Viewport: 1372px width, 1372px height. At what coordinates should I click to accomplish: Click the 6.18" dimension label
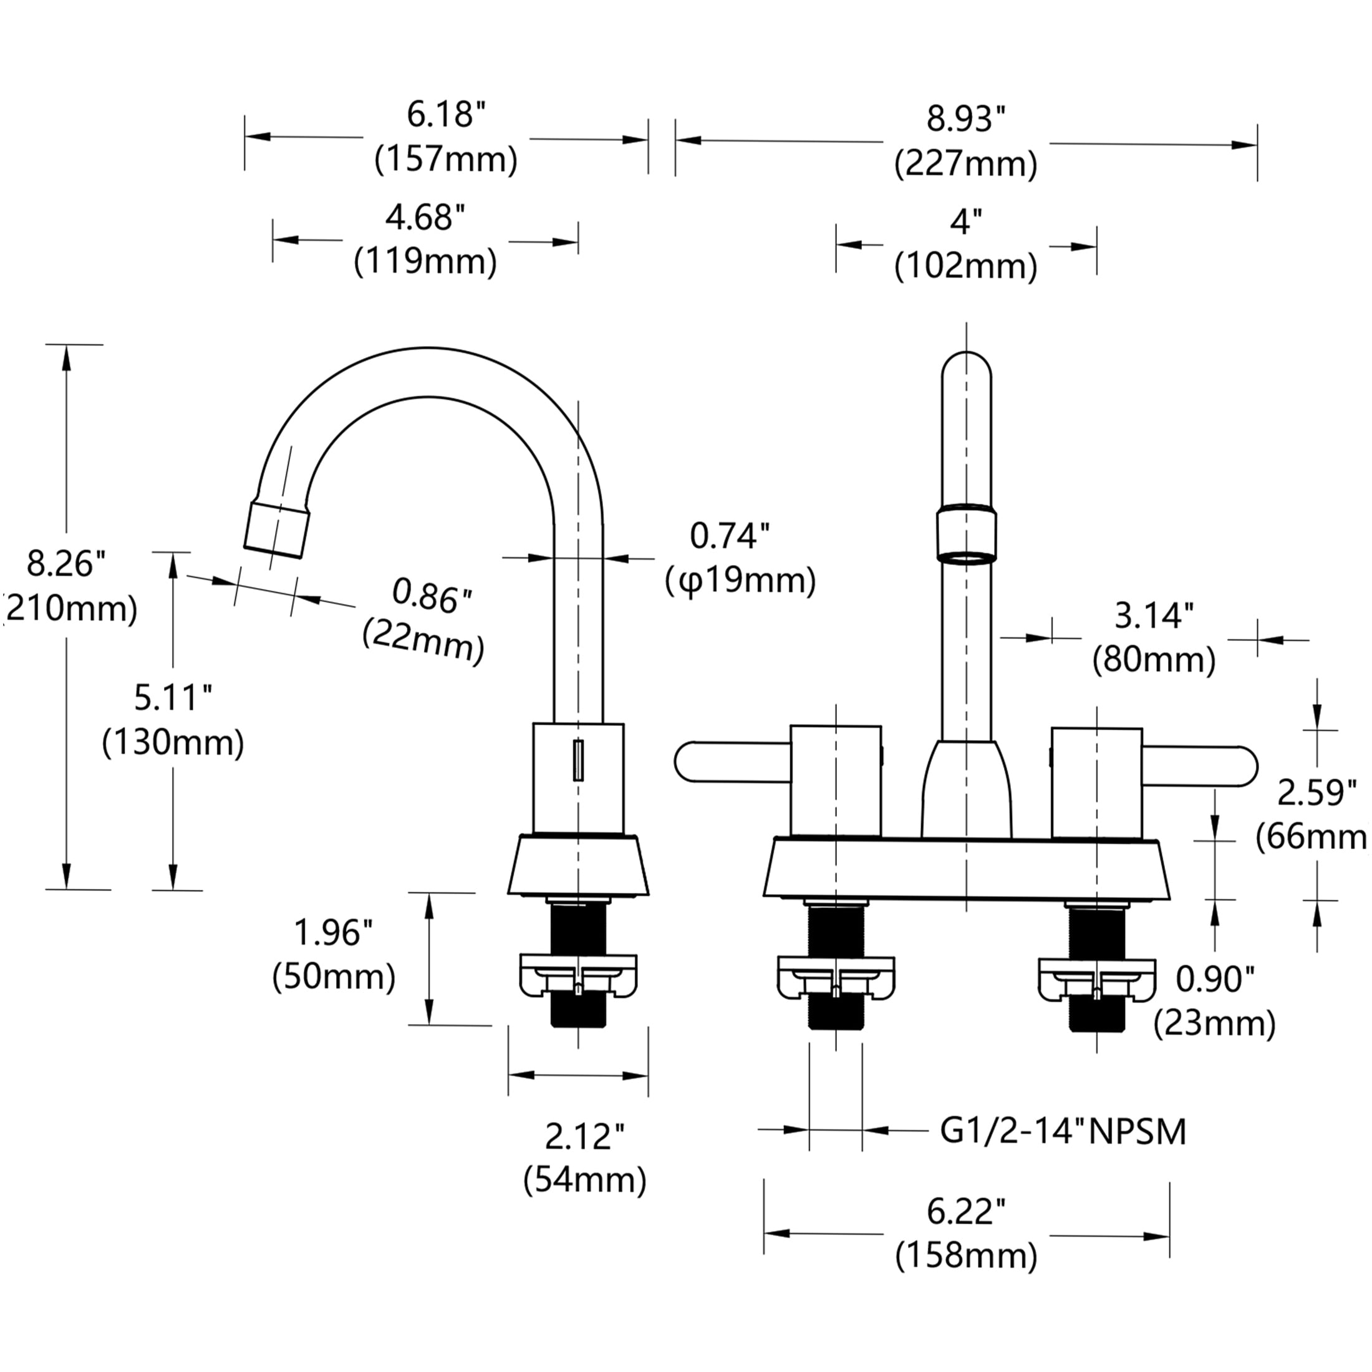pyautogui.click(x=446, y=115)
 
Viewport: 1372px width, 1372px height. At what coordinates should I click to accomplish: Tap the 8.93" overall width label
pyautogui.click(x=966, y=120)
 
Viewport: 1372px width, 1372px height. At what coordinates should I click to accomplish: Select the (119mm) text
pyautogui.click(x=425, y=261)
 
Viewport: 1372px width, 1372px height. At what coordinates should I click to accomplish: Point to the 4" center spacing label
pyautogui.click(x=966, y=222)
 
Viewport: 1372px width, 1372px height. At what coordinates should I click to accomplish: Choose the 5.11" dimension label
pyautogui.click(x=173, y=698)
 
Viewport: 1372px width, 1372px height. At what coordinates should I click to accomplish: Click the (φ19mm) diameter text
pyautogui.click(x=741, y=580)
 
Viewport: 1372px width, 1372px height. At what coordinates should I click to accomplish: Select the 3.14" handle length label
pyautogui.click(x=1154, y=616)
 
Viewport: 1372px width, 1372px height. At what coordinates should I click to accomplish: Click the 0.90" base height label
pyautogui.click(x=1215, y=979)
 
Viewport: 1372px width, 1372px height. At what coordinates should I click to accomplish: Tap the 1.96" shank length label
pyautogui.click(x=333, y=932)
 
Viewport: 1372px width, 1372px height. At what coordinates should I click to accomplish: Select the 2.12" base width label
pyautogui.click(x=584, y=1137)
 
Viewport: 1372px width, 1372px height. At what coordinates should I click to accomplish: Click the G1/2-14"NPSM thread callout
pyautogui.click(x=1063, y=1131)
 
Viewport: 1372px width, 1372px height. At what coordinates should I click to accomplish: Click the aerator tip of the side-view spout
pyautogui.click(x=277, y=529)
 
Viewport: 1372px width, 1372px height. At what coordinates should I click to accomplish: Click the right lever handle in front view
pyautogui.click(x=1200, y=766)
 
